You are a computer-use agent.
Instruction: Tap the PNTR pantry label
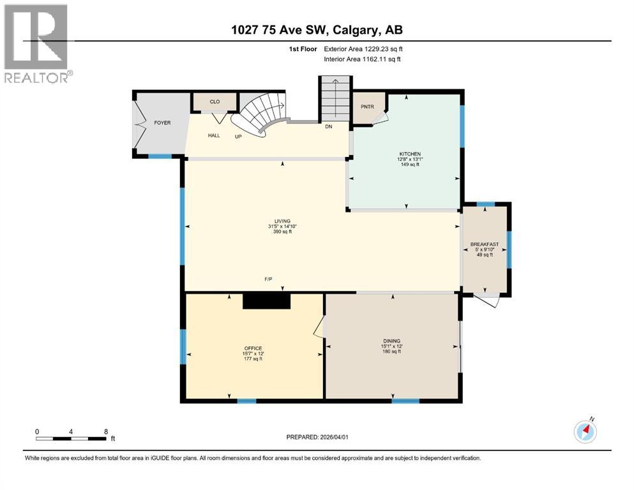367,107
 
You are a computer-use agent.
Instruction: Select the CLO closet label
215,101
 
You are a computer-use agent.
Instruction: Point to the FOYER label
162,122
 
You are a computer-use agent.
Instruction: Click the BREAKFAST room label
485,244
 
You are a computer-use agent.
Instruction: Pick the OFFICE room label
253,348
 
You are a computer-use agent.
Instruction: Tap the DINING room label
391,341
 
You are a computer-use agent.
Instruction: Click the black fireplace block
267,301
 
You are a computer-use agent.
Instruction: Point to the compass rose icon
585,431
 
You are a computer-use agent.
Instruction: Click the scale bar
71,438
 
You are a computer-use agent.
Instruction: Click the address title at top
316,30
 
